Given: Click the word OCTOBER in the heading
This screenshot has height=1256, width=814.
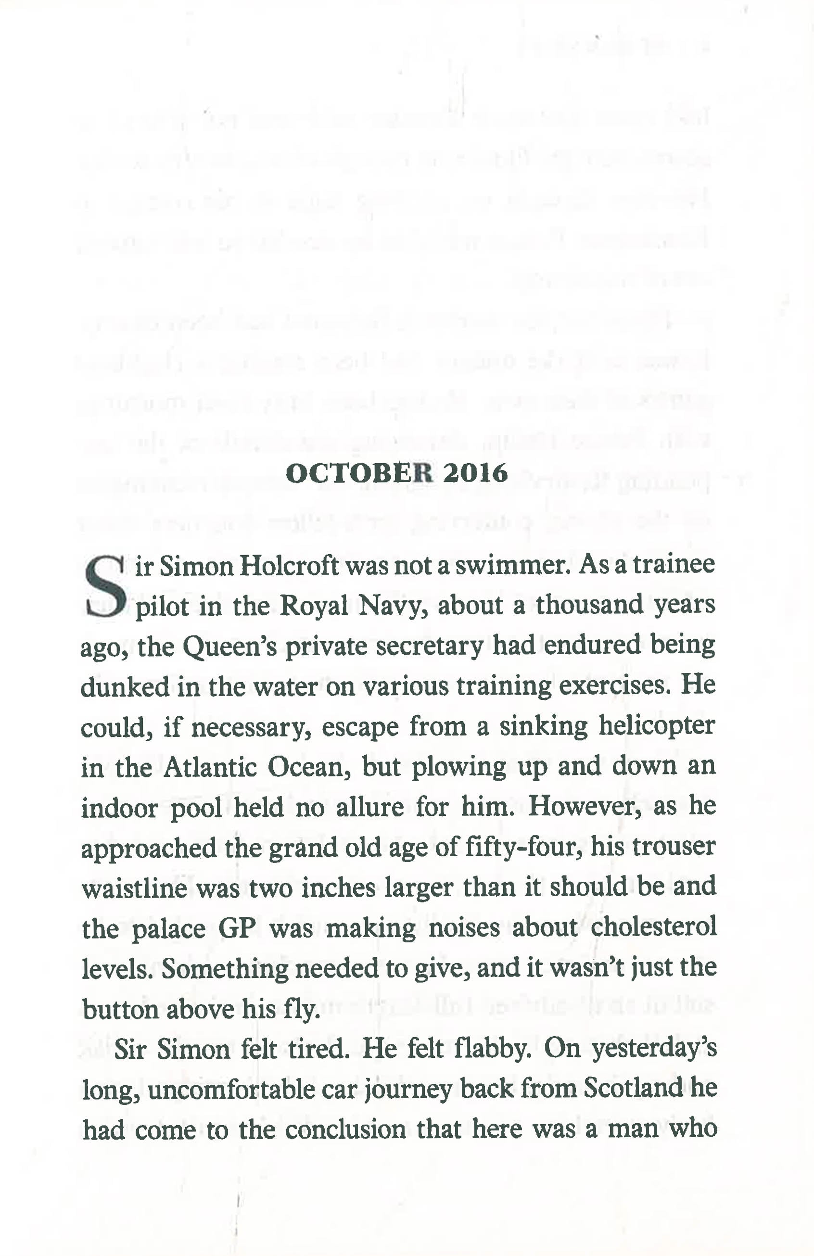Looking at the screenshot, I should (359, 473).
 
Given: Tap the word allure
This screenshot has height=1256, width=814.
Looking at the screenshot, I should (370, 807).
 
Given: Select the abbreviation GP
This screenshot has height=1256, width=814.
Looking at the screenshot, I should (237, 929).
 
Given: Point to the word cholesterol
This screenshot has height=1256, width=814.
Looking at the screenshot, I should (653, 928).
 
